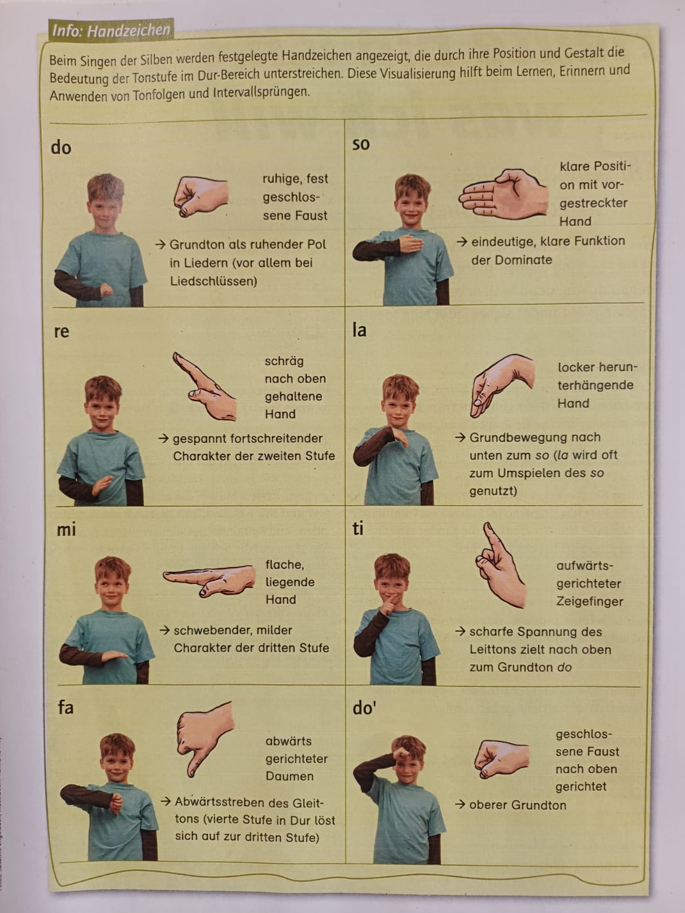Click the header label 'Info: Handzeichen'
click(111, 30)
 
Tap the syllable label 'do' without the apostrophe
click(61, 148)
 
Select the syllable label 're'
click(62, 332)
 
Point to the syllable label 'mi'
click(67, 530)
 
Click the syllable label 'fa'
click(66, 706)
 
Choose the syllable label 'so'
click(361, 144)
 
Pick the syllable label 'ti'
click(358, 528)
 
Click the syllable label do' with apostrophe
click(364, 707)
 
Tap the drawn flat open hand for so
click(503, 194)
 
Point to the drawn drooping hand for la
click(501, 385)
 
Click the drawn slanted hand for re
click(204, 386)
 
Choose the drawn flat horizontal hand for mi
click(209, 581)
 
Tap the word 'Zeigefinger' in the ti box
click(589, 601)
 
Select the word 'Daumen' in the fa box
click(289, 776)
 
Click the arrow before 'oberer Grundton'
click(460, 805)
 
